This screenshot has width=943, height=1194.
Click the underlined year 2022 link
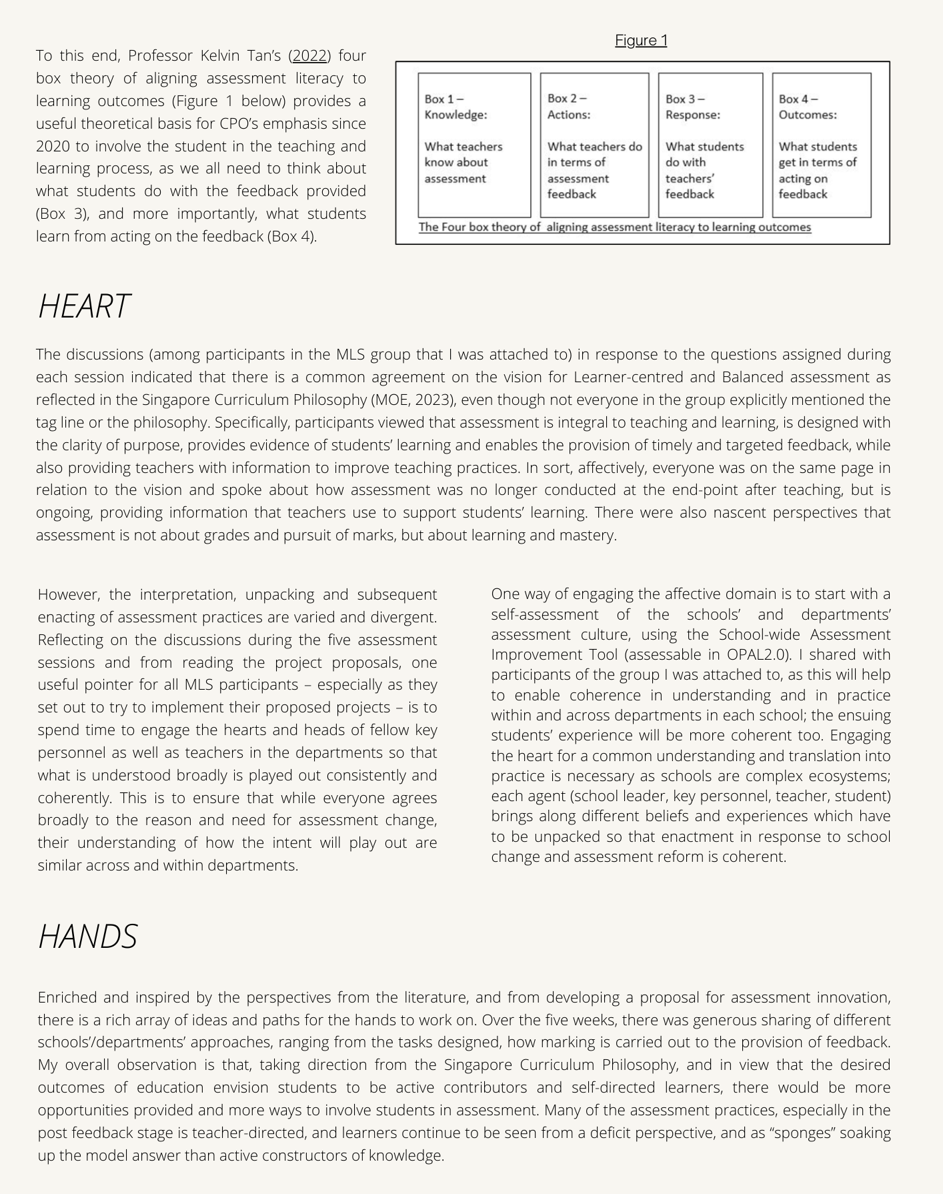pos(309,55)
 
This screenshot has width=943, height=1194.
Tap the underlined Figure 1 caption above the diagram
pos(641,41)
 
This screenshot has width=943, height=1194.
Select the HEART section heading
pos(84,306)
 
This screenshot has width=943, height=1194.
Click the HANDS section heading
pos(88,936)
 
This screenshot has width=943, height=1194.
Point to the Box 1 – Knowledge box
pos(474,145)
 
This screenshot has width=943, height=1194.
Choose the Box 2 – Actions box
pos(594,145)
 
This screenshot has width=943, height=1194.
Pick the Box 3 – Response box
pos(710,145)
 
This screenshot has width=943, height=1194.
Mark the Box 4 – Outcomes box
pos(822,145)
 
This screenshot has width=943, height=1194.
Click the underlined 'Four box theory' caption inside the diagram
pos(614,227)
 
